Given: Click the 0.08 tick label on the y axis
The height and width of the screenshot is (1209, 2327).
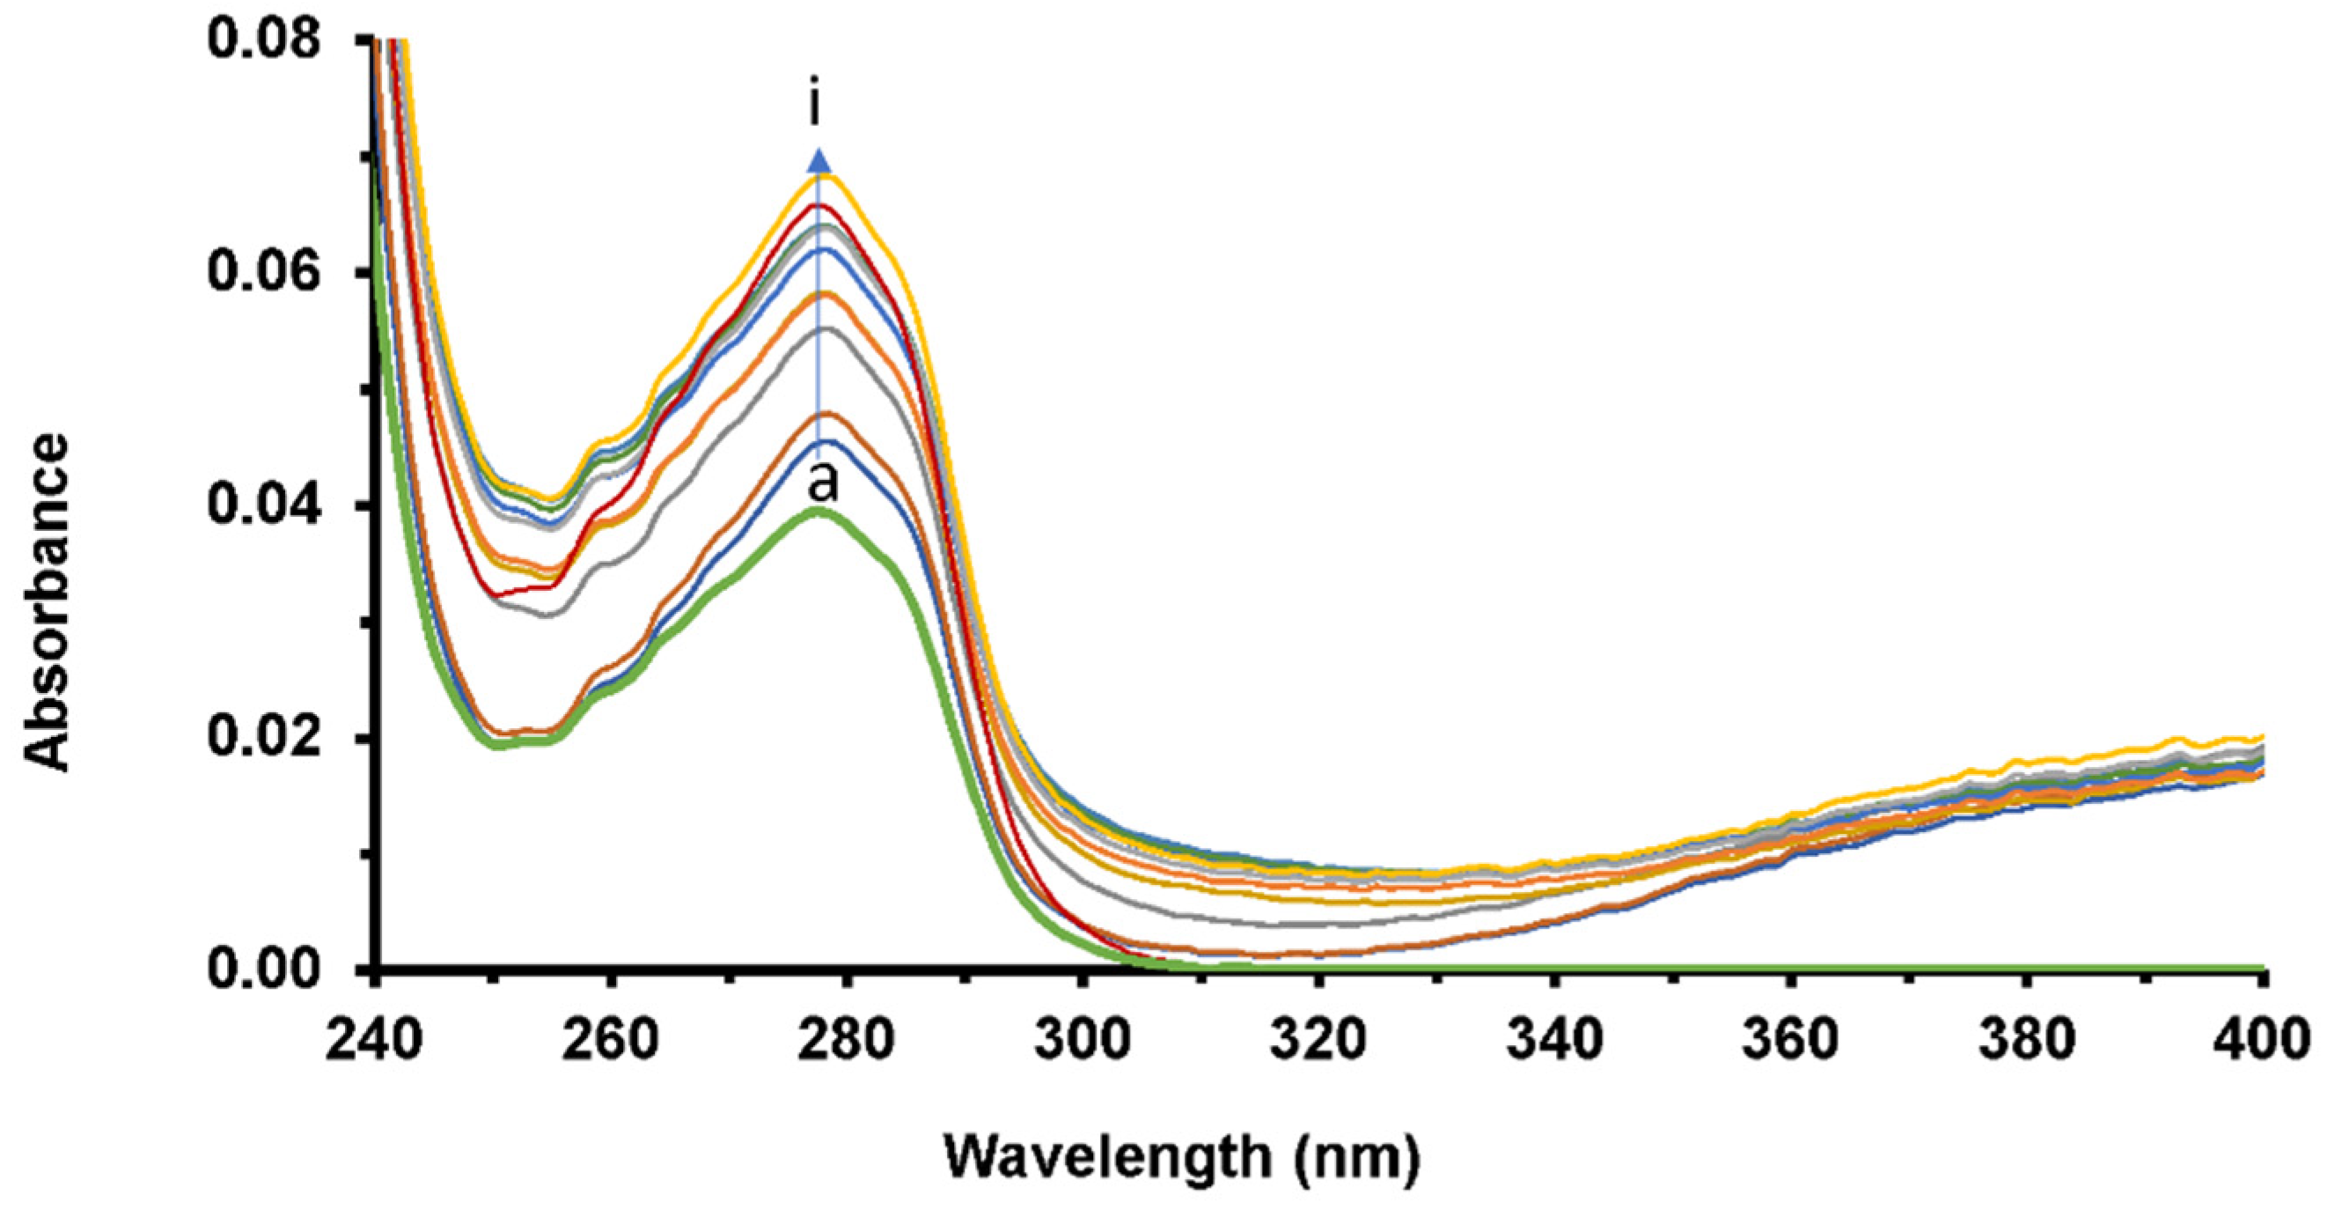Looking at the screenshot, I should [x=264, y=41].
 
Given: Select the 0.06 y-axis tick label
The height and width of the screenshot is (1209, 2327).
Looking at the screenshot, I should [x=264, y=272].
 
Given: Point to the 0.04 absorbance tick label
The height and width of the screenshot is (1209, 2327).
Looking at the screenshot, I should [x=264, y=505].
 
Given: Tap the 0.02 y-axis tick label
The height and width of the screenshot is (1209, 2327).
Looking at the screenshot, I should [x=264, y=737].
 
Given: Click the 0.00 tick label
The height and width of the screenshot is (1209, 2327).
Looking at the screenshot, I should [x=264, y=969].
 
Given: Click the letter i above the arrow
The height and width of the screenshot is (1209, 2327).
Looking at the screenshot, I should [x=816, y=106].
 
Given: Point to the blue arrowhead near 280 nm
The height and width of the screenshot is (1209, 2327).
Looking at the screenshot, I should [x=818, y=162].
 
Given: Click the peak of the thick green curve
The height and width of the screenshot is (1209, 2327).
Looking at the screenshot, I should [x=818, y=511].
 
